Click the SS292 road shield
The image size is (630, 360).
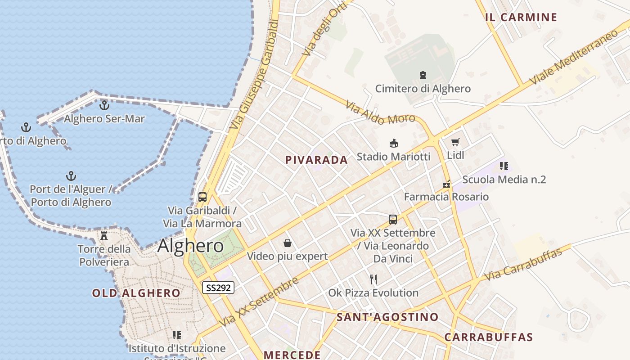coord(218,288)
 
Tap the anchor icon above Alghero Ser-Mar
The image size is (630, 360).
coord(104,105)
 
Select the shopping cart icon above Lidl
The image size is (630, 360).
coord(455,142)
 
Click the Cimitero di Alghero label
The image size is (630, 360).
coord(423,89)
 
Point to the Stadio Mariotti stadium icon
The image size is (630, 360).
coord(394,144)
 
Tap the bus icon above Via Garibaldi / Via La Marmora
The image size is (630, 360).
coord(202,197)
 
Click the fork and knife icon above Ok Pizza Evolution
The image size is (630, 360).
coord(373,279)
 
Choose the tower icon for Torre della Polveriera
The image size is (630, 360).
coord(104,235)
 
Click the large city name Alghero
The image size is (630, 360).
coord(190,246)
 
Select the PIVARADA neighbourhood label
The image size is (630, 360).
coord(316,160)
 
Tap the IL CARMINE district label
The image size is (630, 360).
coord(521,18)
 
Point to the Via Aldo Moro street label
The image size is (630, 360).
coord(380,113)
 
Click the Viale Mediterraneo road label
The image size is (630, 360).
coord(574,57)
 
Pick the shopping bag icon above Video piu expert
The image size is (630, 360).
coord(288,243)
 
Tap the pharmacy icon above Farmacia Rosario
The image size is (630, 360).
coord(446,184)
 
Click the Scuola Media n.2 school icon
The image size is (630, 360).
coord(504,166)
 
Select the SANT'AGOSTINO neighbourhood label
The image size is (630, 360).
coord(387,317)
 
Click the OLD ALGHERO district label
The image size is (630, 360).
coord(136,293)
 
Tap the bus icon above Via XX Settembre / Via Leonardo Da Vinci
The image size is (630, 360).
coord(393,220)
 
